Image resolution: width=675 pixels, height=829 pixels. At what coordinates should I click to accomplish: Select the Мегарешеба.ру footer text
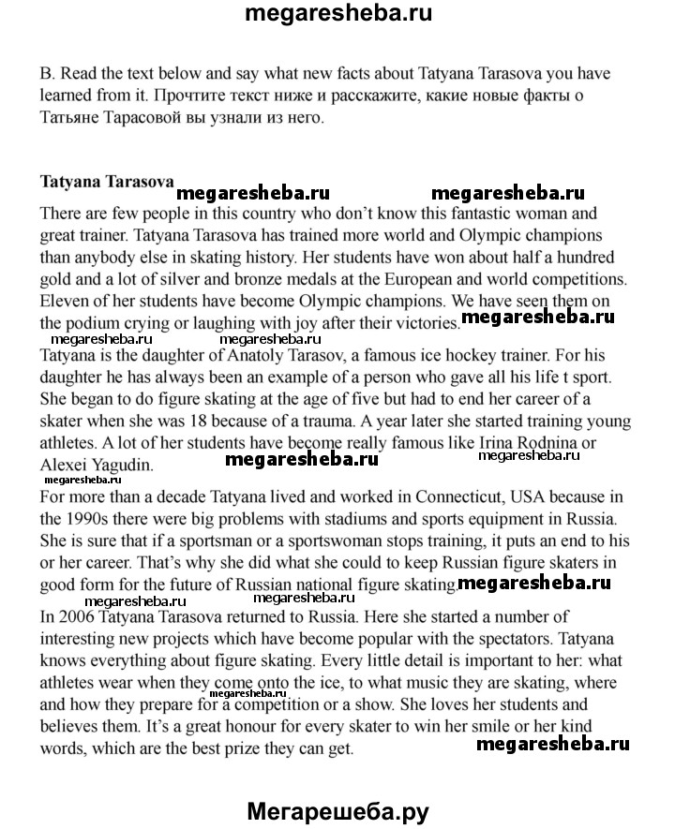click(337, 811)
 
